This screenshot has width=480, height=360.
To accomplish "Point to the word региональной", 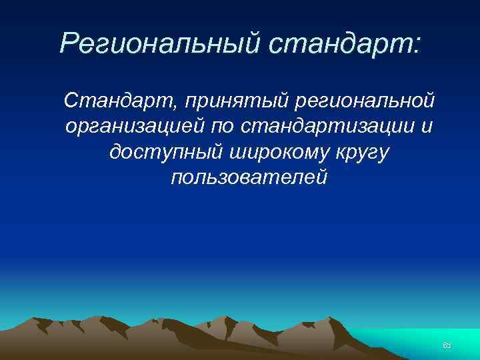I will point(359,101).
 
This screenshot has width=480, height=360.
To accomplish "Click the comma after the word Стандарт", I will point(177,107).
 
